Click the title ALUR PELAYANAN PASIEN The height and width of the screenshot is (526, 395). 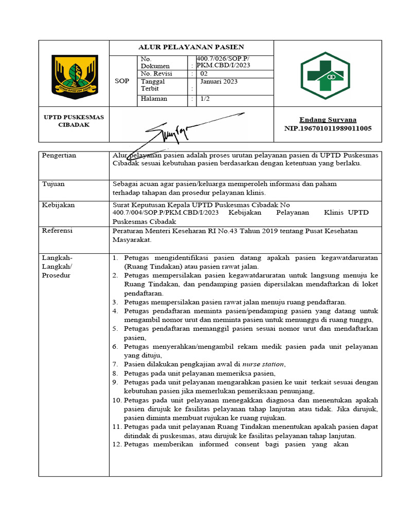(x=191, y=47)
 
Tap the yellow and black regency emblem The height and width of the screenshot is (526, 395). (x=74, y=78)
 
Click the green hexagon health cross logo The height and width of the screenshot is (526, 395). (x=325, y=76)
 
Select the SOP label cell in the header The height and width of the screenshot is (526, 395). (x=122, y=82)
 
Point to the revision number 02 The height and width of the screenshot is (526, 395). (x=204, y=73)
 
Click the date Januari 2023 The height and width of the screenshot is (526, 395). (x=219, y=82)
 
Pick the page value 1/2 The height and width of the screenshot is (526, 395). (x=205, y=99)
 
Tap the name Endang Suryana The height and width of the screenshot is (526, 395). (x=328, y=120)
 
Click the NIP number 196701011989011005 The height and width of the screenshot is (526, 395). (x=328, y=128)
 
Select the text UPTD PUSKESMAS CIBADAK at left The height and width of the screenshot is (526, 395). (x=74, y=121)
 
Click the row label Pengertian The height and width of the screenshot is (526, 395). (x=59, y=155)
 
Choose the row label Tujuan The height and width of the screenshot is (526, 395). (x=53, y=183)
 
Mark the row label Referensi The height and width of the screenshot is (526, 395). (x=57, y=231)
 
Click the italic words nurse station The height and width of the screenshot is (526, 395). (x=263, y=364)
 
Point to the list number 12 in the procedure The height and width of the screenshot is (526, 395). (x=116, y=444)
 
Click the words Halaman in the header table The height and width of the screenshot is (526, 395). (x=154, y=99)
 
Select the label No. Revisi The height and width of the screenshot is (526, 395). (x=156, y=73)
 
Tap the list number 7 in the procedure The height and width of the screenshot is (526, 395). (x=115, y=364)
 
